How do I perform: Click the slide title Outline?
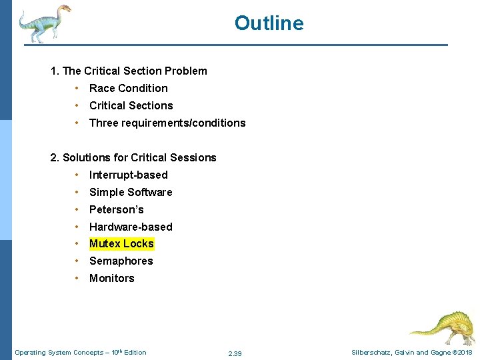(x=269, y=23)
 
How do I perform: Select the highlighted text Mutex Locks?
(x=121, y=244)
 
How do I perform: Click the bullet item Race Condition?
(x=128, y=88)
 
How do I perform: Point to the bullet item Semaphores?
(x=121, y=261)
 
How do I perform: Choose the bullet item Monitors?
(x=111, y=279)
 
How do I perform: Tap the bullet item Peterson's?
(x=116, y=209)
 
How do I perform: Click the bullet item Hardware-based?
(x=131, y=227)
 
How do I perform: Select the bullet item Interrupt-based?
(x=128, y=175)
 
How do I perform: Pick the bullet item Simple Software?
(x=131, y=192)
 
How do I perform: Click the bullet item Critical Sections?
(x=131, y=105)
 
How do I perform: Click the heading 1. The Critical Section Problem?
(x=129, y=71)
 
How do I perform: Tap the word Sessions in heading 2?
(x=192, y=157)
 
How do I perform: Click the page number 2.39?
(x=235, y=353)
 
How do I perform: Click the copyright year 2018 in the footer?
(x=465, y=353)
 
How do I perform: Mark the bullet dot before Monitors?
(x=78, y=279)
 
